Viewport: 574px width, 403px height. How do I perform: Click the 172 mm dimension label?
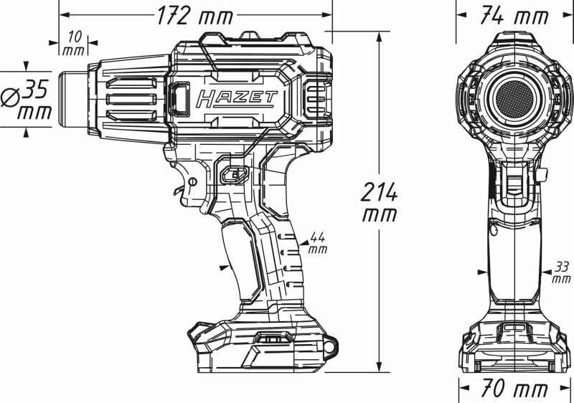[x=195, y=16]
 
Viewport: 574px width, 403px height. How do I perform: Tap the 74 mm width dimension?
[x=514, y=16]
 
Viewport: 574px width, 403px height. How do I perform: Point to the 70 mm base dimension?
[x=514, y=388]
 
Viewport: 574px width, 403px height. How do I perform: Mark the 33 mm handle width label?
[x=562, y=272]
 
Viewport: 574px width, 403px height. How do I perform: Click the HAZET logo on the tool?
[x=237, y=99]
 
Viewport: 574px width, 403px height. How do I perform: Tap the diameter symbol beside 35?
[x=10, y=98]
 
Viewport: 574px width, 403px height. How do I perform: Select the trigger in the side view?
[x=190, y=185]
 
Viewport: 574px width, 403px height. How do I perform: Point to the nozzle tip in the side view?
[x=73, y=100]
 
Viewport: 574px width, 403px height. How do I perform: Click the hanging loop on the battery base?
[x=330, y=345]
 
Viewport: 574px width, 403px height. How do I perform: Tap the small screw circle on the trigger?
[x=192, y=181]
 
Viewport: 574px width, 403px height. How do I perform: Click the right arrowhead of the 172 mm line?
[x=327, y=14]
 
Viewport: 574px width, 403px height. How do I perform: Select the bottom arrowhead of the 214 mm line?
[x=380, y=367]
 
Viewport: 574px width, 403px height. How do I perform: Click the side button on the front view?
[x=543, y=175]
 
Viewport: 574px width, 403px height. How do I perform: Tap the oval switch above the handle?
[x=235, y=174]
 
